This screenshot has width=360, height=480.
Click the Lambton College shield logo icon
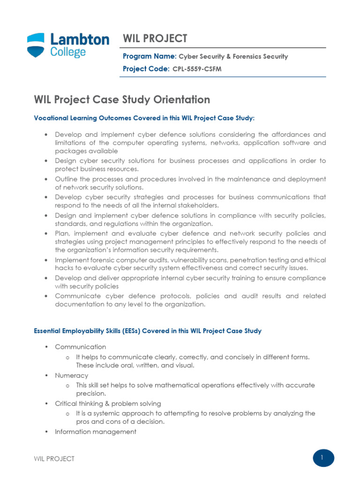point(37,45)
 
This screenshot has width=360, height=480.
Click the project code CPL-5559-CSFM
point(197,69)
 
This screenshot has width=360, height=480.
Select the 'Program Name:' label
point(150,56)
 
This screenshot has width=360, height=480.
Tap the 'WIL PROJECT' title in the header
point(155,38)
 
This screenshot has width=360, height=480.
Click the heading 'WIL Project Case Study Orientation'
point(122,99)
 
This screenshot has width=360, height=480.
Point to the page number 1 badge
point(323,458)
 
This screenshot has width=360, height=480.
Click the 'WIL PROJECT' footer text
point(54,459)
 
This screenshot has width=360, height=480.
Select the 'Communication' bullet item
point(81,347)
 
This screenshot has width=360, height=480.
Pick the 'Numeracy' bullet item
point(71,375)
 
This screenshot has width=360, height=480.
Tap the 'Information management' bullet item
point(96,432)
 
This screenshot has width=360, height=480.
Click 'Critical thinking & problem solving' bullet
point(108,404)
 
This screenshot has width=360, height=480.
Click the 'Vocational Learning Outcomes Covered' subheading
point(144,119)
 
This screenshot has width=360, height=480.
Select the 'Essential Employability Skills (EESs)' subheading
point(148,331)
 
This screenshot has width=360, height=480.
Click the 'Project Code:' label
point(146,69)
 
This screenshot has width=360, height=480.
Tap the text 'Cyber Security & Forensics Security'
point(233,57)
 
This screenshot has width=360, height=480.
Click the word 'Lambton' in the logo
point(79,39)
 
